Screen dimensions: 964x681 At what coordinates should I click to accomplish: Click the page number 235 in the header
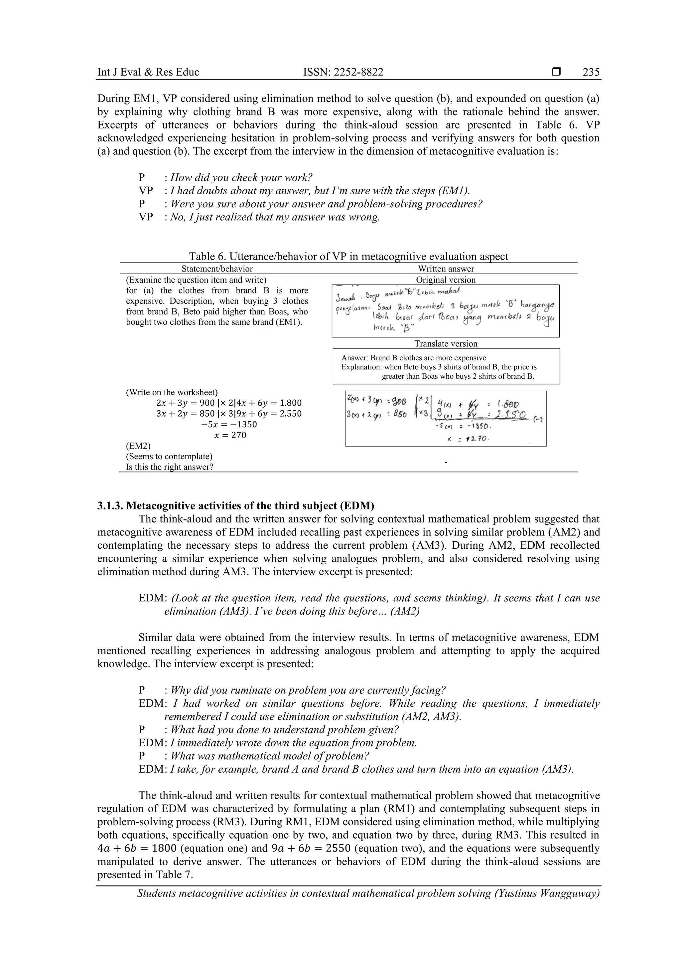591,72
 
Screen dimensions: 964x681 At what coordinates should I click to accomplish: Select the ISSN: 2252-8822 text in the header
343,72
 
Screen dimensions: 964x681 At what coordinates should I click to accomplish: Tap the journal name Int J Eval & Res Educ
148,72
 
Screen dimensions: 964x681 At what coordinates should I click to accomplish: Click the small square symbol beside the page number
556,72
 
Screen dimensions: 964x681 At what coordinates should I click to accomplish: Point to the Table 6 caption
348,256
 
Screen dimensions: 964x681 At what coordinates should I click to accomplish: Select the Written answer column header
446,269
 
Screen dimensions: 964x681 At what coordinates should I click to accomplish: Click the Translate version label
446,343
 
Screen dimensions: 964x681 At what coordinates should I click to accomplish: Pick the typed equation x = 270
230,435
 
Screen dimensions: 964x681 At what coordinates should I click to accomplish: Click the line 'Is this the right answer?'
170,467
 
